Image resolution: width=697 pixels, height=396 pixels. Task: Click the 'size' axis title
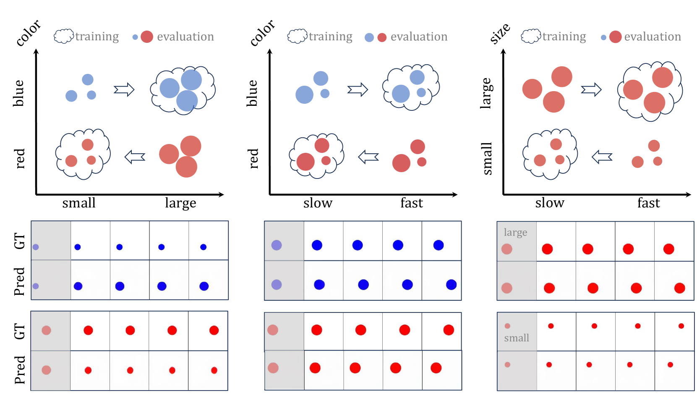[500, 34]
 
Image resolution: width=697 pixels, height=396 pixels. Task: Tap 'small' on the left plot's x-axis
[79, 203]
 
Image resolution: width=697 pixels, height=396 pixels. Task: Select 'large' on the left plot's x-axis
[180, 203]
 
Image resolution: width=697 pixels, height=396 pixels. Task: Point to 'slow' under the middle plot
[318, 203]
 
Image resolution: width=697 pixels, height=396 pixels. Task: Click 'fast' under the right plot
[648, 203]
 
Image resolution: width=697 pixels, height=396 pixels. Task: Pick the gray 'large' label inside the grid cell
[515, 232]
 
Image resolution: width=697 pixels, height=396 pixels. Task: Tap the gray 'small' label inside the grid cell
[517, 338]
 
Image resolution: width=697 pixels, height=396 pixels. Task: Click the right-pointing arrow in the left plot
[124, 89]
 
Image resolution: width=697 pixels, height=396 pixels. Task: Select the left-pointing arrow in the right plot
[602, 157]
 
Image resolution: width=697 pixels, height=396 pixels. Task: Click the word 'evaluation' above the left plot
[185, 37]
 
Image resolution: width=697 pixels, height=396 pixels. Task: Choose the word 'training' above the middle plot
[331, 37]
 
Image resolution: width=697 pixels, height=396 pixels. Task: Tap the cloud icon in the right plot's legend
[531, 36]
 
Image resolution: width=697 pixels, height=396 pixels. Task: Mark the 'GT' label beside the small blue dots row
[20, 241]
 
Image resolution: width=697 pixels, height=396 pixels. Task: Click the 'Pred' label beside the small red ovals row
[20, 370]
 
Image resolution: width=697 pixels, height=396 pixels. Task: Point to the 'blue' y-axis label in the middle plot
[252, 93]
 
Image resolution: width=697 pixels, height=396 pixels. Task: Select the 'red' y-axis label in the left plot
[20, 159]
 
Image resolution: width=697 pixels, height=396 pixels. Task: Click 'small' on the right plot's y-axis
[487, 159]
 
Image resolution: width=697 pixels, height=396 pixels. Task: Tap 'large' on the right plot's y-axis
[486, 93]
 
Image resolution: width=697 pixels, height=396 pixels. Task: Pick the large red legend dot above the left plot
[147, 37]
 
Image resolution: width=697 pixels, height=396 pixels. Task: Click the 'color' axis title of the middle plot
[262, 33]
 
